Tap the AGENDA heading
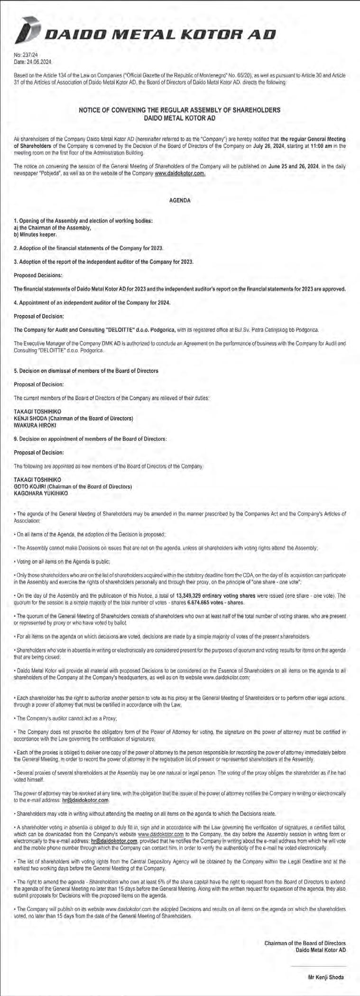coord(180,201)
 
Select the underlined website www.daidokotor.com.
coord(180,174)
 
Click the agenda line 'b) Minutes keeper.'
coord(36,234)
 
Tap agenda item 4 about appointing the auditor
coord(92,302)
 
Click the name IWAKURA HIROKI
coord(36,425)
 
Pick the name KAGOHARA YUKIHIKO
coord(41,493)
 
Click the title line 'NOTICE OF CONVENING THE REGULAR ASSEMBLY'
coord(179,110)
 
